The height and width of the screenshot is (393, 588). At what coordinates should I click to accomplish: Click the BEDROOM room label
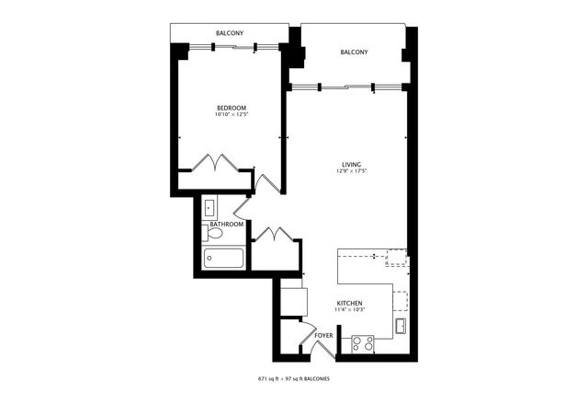tap(231, 107)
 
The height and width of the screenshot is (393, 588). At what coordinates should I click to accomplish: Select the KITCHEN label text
tap(349, 303)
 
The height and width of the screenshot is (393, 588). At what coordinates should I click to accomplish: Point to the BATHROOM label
tap(226, 225)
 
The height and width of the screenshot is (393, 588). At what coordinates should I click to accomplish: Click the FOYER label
tap(323, 336)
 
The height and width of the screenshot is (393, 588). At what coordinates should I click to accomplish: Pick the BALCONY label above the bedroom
tap(229, 33)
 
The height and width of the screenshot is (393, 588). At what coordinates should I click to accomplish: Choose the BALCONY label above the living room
tap(354, 52)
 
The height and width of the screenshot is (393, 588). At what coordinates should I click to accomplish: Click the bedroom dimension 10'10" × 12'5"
tap(231, 115)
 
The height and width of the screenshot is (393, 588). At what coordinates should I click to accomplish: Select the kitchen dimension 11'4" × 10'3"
tap(349, 310)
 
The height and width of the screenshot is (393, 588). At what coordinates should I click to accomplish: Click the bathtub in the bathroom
tap(223, 258)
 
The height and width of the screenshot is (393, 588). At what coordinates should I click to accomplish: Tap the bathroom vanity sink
tap(209, 207)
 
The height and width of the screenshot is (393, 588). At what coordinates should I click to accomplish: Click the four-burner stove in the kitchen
tap(363, 344)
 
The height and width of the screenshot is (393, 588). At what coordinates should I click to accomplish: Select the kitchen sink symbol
tap(400, 325)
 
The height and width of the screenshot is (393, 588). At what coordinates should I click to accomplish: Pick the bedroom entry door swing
tap(266, 182)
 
